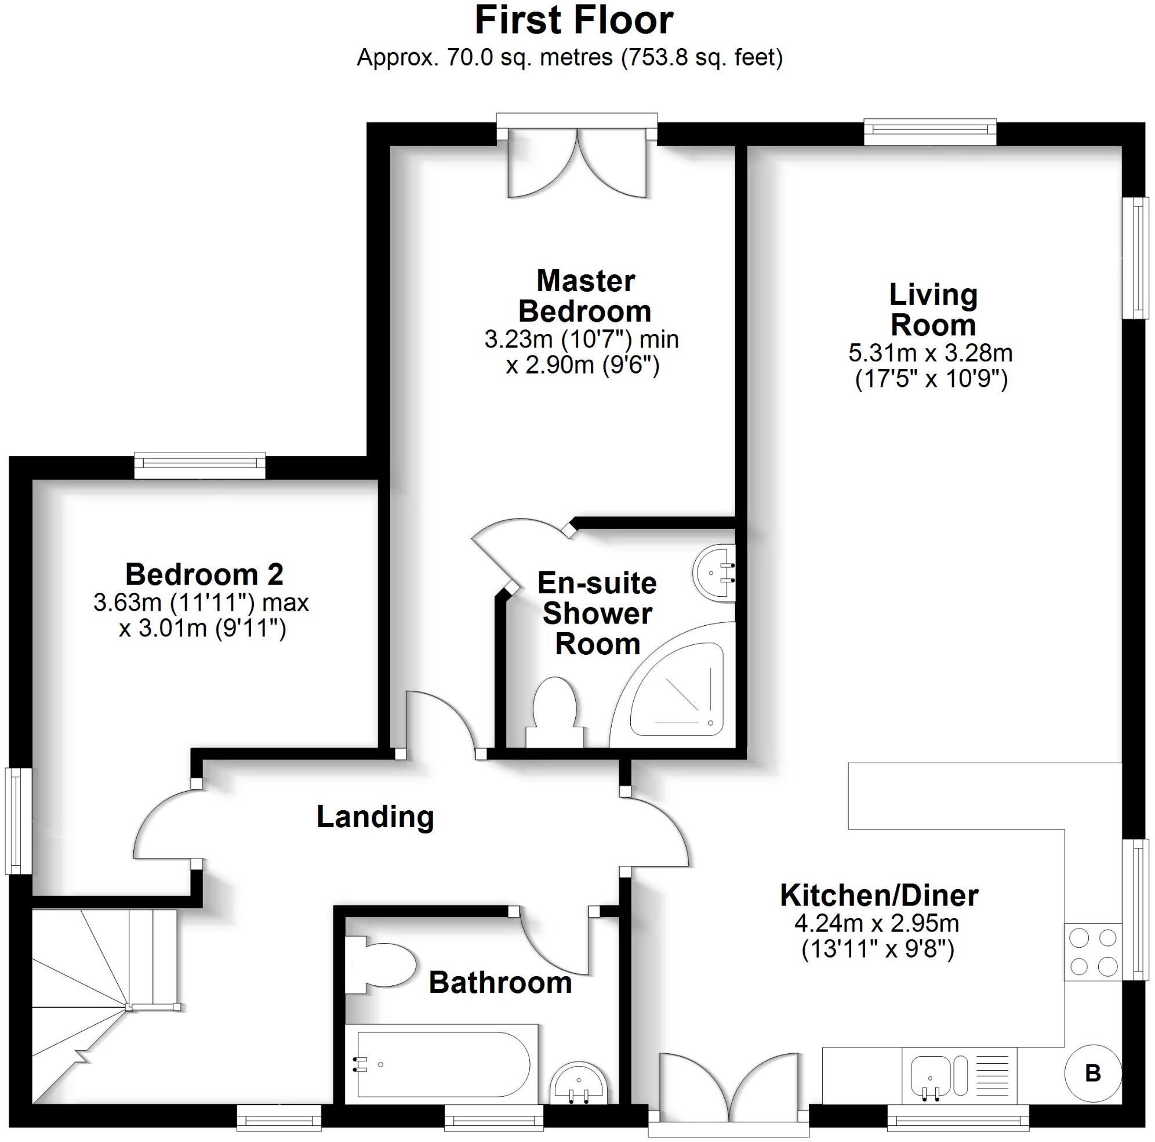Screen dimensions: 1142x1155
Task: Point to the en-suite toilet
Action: (554, 712)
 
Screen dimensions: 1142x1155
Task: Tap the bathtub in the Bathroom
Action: (442, 1064)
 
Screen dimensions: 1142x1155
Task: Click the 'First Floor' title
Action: (574, 20)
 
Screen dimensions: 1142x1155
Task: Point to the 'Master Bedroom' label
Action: (585, 296)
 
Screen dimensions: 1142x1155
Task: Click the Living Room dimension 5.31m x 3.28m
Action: (930, 353)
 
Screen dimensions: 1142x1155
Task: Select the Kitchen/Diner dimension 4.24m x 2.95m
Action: (877, 924)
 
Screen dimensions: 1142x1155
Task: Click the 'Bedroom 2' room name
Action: (204, 574)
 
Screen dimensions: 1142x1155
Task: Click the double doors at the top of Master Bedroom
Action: (577, 161)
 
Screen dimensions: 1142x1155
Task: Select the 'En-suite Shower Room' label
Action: (597, 614)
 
